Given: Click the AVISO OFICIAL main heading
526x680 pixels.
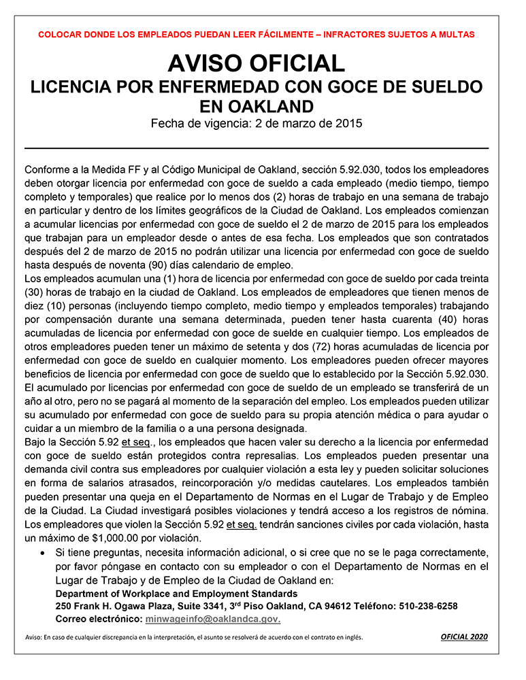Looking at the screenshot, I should (x=257, y=64).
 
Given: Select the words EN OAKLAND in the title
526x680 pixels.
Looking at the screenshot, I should (x=257, y=107).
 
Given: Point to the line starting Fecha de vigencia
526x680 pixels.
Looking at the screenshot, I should (x=257, y=124).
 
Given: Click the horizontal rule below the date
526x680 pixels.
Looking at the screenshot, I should (x=257, y=148).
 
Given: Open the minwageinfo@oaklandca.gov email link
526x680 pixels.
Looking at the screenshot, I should (x=213, y=619).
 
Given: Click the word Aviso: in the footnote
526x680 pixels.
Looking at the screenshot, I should (x=33, y=638).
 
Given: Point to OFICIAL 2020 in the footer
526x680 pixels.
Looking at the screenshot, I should (x=464, y=637).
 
